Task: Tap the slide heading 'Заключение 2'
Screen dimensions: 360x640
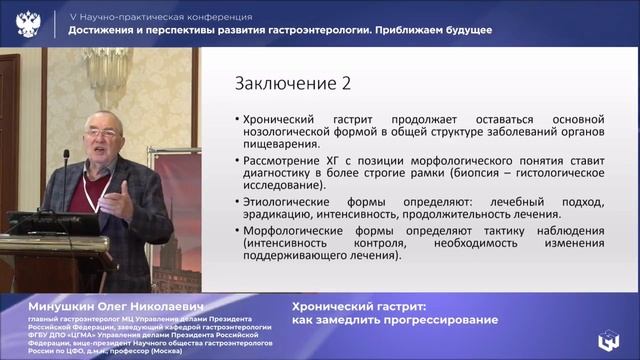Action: [x=283, y=83]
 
